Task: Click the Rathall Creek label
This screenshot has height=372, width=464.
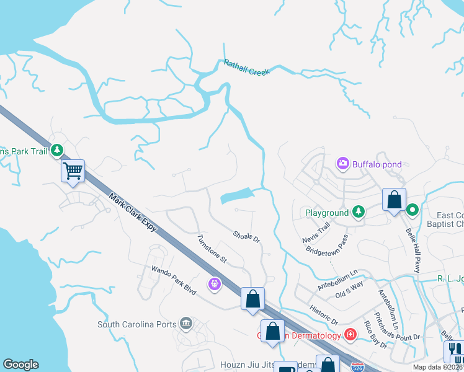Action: click(x=247, y=68)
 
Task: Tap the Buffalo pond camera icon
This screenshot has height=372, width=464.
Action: click(x=342, y=164)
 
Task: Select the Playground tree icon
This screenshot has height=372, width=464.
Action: click(x=358, y=213)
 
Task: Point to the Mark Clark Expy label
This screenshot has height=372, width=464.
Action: click(x=133, y=213)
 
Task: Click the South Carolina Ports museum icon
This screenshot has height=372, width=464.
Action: click(x=185, y=324)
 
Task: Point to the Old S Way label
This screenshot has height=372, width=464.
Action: click(x=349, y=291)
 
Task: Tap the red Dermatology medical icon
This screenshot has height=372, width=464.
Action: click(x=350, y=335)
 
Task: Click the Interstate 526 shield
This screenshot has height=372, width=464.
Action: click(x=357, y=367)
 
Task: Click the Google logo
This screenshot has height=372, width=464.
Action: click(x=20, y=365)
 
